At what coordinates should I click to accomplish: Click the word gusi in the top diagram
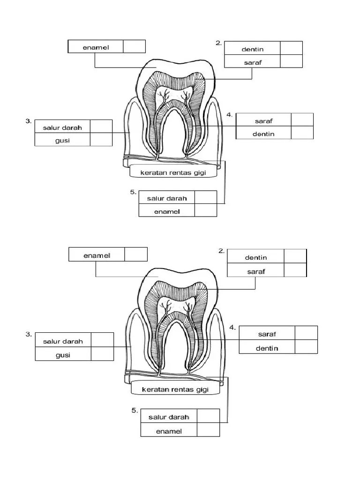coord(62,140)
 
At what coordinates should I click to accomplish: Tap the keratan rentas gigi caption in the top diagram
coord(173,173)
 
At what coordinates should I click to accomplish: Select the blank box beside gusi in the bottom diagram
coord(102,354)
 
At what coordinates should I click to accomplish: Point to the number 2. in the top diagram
coord(218,43)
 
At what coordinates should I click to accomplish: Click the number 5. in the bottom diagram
coord(135,410)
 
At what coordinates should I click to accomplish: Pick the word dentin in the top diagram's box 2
coord(253,49)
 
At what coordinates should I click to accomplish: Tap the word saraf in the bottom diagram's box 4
coord(267,334)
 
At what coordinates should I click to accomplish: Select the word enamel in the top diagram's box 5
coord(167,211)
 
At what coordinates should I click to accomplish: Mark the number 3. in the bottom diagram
coord(29,334)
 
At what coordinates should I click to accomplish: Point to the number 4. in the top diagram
coord(230,115)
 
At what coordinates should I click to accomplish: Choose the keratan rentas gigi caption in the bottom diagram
coord(175,390)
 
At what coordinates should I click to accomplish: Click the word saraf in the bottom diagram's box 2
coord(255,271)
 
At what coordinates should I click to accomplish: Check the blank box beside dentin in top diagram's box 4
coord(302,133)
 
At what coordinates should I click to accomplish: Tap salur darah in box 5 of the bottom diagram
coord(169,417)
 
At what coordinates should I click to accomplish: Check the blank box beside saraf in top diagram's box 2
coord(291,62)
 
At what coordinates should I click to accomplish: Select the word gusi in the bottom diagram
coord(63,355)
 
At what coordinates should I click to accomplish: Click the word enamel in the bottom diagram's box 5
coord(169,431)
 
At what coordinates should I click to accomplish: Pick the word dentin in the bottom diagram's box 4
coord(267,348)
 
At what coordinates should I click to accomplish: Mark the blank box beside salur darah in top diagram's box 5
coord(205,198)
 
